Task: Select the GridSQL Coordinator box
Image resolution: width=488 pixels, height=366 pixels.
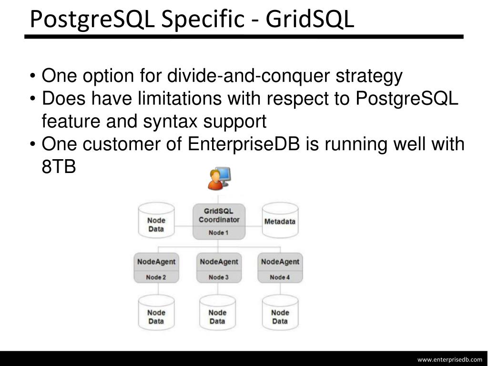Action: point(219,221)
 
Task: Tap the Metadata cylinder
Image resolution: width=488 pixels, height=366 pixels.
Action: point(280,221)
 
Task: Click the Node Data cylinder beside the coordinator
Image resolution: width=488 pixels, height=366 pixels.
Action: point(156,221)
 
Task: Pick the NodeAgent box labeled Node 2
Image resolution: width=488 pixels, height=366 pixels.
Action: point(156,267)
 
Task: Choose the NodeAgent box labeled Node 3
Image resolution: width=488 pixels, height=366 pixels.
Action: point(218,267)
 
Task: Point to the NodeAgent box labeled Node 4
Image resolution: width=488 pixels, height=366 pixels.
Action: point(280,267)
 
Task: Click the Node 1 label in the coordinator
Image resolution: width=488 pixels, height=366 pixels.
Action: point(219,233)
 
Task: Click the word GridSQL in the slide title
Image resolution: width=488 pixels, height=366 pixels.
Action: point(310,19)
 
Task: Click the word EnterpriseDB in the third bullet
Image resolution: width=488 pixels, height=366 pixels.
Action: point(244,144)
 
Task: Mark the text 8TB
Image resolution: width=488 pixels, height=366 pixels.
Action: point(59,167)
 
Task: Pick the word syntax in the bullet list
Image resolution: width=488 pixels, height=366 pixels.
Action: point(171,122)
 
